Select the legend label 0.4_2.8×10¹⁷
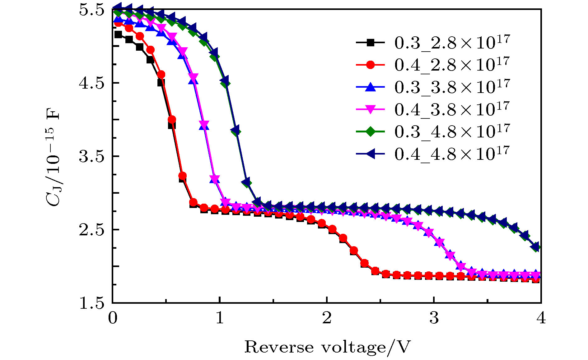(452, 65)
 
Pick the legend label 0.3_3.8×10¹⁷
(452, 87)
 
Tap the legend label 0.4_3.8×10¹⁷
(452, 109)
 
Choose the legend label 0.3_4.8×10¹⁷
(452, 132)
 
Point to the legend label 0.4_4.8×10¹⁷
(452, 154)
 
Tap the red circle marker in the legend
(370, 65)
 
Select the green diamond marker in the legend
(370, 132)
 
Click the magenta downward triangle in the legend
(370, 109)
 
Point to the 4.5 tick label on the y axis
(91, 83)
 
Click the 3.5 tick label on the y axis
(91, 156)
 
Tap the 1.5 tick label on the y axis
(91, 303)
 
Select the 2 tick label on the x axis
(327, 318)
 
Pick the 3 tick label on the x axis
(434, 318)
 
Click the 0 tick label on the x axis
(113, 318)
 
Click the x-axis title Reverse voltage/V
(327, 347)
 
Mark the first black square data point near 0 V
(118, 35)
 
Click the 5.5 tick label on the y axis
(91, 10)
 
